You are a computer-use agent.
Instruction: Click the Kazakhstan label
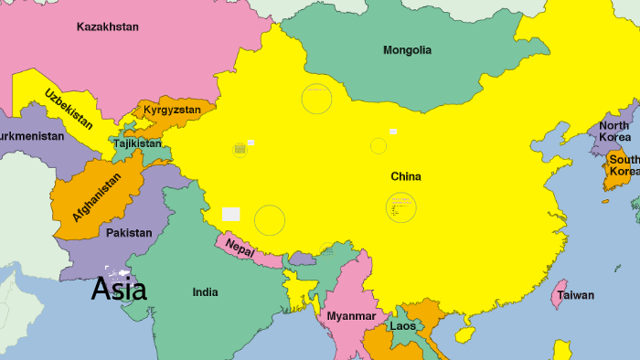pos(108,26)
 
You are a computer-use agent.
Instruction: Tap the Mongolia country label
pos(407,50)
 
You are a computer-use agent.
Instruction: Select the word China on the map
pos(406,175)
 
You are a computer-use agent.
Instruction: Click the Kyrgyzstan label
pos(172,110)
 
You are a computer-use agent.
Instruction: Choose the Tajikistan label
pos(137,143)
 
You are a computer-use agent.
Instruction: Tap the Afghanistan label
pos(96,197)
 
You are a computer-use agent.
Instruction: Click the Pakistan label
pos(129,233)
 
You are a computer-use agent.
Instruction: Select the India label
pos(206,292)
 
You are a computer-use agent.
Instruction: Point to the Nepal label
pos(240,248)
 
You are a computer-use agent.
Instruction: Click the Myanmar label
pos(351,316)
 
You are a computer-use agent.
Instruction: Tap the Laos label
pos(402,325)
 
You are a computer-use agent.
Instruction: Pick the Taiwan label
pos(576,295)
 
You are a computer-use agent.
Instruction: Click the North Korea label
pos(614,131)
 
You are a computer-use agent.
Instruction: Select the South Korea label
pos(624,165)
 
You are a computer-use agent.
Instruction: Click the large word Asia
pos(119,289)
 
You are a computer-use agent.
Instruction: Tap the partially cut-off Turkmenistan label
pos(32,136)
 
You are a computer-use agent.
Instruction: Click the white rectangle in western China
pos(231,214)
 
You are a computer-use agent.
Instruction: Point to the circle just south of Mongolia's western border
pos(316,99)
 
